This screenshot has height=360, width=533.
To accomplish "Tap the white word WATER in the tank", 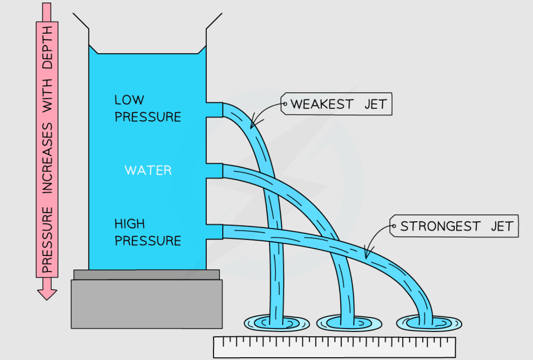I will pos(148,170).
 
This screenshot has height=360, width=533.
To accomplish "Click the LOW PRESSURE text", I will pos(147,108).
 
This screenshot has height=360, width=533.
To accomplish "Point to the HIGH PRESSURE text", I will pos(147,232).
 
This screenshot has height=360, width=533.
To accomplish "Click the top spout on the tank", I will pos(214,110).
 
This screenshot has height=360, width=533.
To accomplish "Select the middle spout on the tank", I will pos(214,170).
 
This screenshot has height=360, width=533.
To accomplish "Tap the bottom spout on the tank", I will pos(214,232).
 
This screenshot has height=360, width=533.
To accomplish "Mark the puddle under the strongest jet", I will pos(429,323).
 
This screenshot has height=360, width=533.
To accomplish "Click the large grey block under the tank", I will pos(147,303).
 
